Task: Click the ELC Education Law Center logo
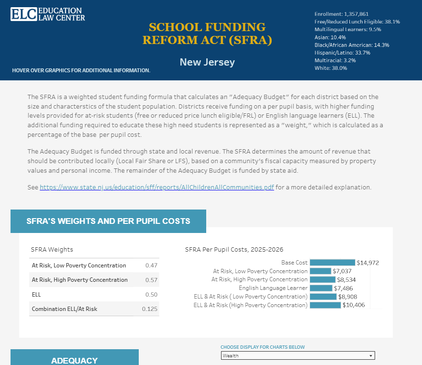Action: (x=48, y=14)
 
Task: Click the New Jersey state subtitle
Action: (x=207, y=62)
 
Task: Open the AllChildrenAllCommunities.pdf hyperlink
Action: (x=156, y=187)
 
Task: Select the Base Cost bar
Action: (x=333, y=263)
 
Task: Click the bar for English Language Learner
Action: (x=321, y=288)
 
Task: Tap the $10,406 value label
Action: (x=354, y=305)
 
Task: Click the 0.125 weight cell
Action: (x=150, y=309)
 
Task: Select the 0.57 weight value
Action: (x=151, y=280)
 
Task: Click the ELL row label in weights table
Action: (x=36, y=295)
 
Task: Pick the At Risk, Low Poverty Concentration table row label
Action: (x=79, y=265)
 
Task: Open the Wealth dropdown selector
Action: (x=298, y=355)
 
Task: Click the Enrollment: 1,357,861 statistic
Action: (x=341, y=14)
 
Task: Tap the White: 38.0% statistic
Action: (x=331, y=68)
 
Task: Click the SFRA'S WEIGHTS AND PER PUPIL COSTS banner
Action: (x=108, y=221)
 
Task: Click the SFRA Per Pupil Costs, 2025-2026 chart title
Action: (x=234, y=250)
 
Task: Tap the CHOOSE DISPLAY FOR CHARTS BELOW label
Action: (x=262, y=347)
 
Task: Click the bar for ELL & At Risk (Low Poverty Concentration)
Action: (x=323, y=297)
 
